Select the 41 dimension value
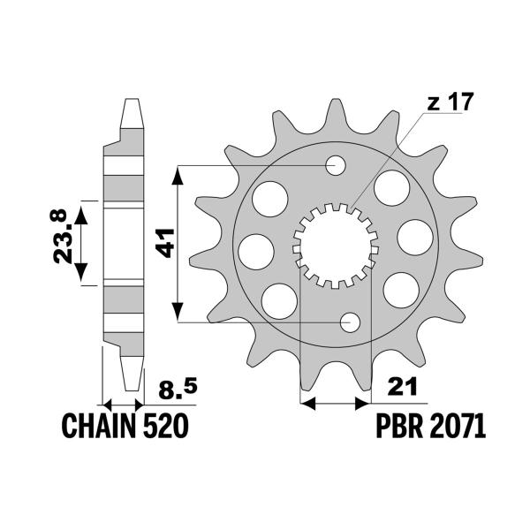(163, 241)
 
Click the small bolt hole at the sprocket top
(337, 165)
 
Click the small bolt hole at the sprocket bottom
(351, 322)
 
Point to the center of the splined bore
(336, 245)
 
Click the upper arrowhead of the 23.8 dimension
(82, 209)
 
